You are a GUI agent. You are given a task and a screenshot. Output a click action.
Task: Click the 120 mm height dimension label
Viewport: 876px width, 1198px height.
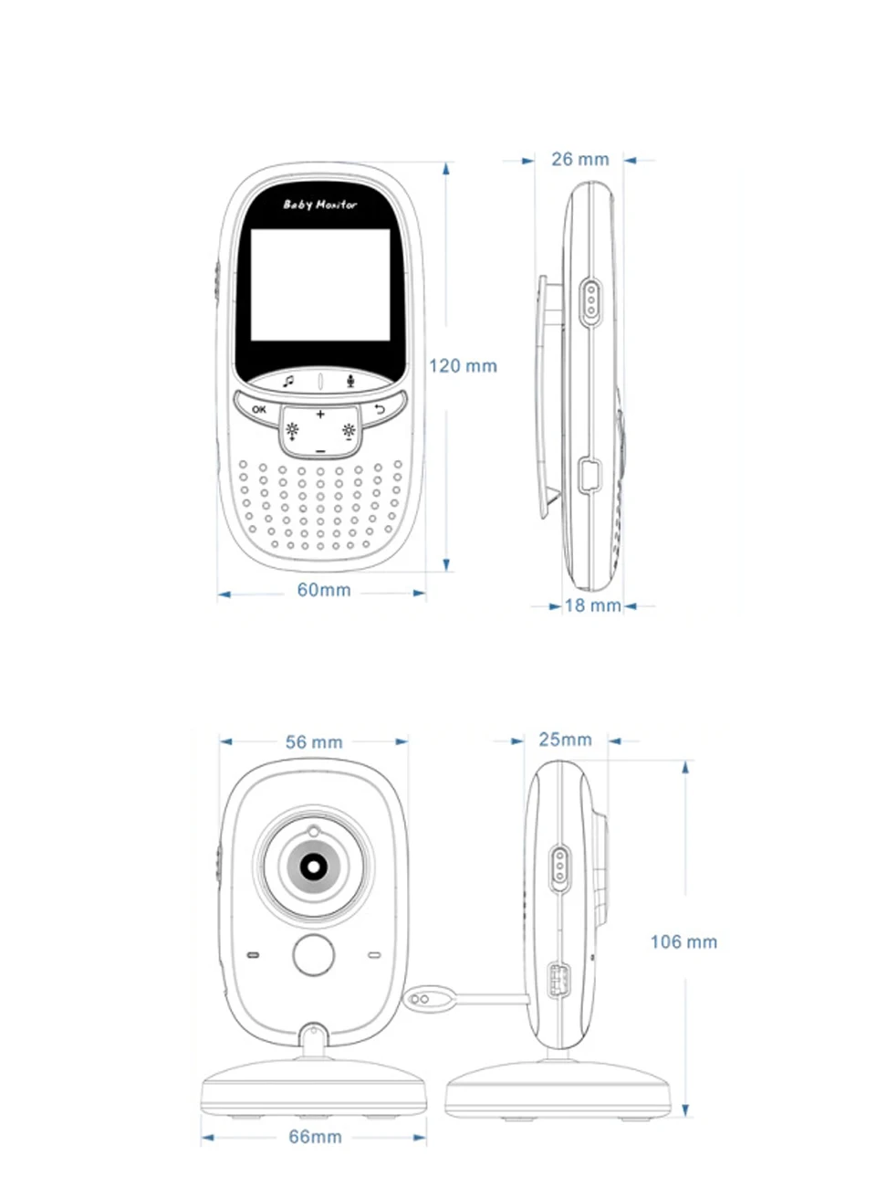pyautogui.click(x=463, y=366)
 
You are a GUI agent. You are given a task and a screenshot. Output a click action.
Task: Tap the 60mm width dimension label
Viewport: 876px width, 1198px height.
pyautogui.click(x=324, y=590)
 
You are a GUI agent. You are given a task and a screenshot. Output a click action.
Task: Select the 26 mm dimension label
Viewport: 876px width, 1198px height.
pyautogui.click(x=579, y=159)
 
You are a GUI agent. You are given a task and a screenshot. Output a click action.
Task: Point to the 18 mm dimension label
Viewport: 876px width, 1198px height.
pyautogui.click(x=592, y=605)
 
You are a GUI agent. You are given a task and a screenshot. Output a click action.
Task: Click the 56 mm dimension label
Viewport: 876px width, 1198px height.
pyautogui.click(x=314, y=742)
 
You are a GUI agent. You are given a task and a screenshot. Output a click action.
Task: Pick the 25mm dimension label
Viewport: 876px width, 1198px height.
pyautogui.click(x=565, y=740)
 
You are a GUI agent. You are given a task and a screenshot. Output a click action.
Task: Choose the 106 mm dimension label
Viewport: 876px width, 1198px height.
pyautogui.click(x=683, y=941)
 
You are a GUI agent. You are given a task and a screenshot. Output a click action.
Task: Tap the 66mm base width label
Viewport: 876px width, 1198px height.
pyautogui.click(x=315, y=1137)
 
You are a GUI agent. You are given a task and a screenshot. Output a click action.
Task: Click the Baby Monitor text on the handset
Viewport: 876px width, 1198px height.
pyautogui.click(x=319, y=205)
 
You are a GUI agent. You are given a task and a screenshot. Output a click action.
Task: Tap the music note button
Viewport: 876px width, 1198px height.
pyautogui.click(x=288, y=381)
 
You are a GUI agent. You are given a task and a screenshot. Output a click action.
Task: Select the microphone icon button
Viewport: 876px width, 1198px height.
pyautogui.click(x=350, y=381)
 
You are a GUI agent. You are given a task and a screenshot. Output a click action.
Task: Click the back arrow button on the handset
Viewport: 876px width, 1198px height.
pyautogui.click(x=380, y=409)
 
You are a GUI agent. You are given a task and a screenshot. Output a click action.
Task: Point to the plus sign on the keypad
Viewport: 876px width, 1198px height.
pyautogui.click(x=320, y=415)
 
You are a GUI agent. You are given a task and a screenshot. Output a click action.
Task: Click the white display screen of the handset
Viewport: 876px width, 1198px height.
pyautogui.click(x=320, y=284)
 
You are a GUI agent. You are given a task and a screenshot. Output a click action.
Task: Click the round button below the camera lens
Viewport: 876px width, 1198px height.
pyautogui.click(x=313, y=953)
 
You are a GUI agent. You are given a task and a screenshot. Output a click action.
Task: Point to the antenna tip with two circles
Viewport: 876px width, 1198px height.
pyautogui.click(x=421, y=1000)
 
